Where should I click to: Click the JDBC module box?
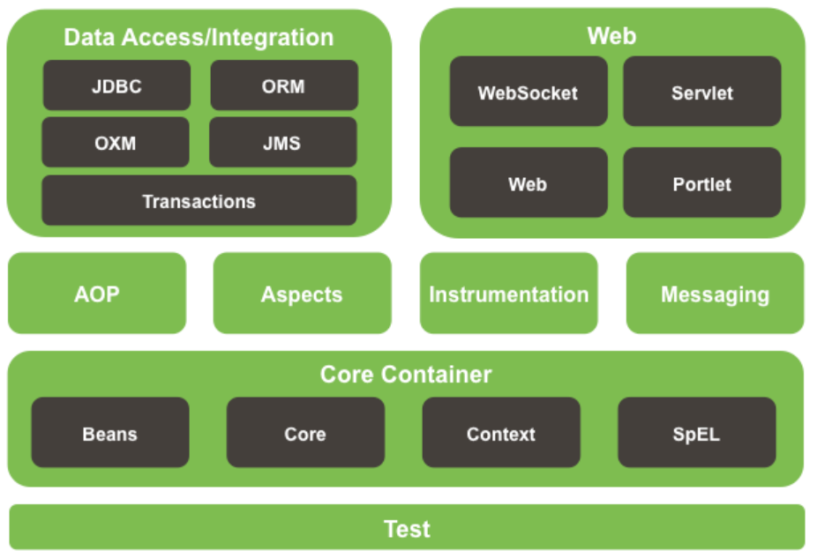click(x=116, y=86)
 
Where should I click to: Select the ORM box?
click(x=283, y=86)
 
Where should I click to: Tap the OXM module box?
click(x=116, y=142)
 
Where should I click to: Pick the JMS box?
click(x=283, y=142)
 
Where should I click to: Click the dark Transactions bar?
click(x=199, y=201)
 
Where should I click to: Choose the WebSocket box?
click(x=528, y=92)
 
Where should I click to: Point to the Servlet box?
click(x=701, y=92)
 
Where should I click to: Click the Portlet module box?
click(x=701, y=183)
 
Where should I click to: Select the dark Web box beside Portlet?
click(x=528, y=183)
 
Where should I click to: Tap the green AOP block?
click(x=97, y=294)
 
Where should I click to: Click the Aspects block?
click(x=302, y=294)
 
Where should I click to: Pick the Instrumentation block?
click(x=508, y=294)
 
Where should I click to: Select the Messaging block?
click(x=715, y=294)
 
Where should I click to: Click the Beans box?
click(x=110, y=433)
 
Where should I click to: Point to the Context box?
click(x=500, y=433)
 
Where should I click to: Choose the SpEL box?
click(x=696, y=433)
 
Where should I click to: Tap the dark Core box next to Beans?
click(x=305, y=433)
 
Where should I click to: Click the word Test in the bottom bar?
click(x=407, y=529)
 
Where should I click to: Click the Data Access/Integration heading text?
click(x=199, y=37)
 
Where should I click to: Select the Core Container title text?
click(x=406, y=374)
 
